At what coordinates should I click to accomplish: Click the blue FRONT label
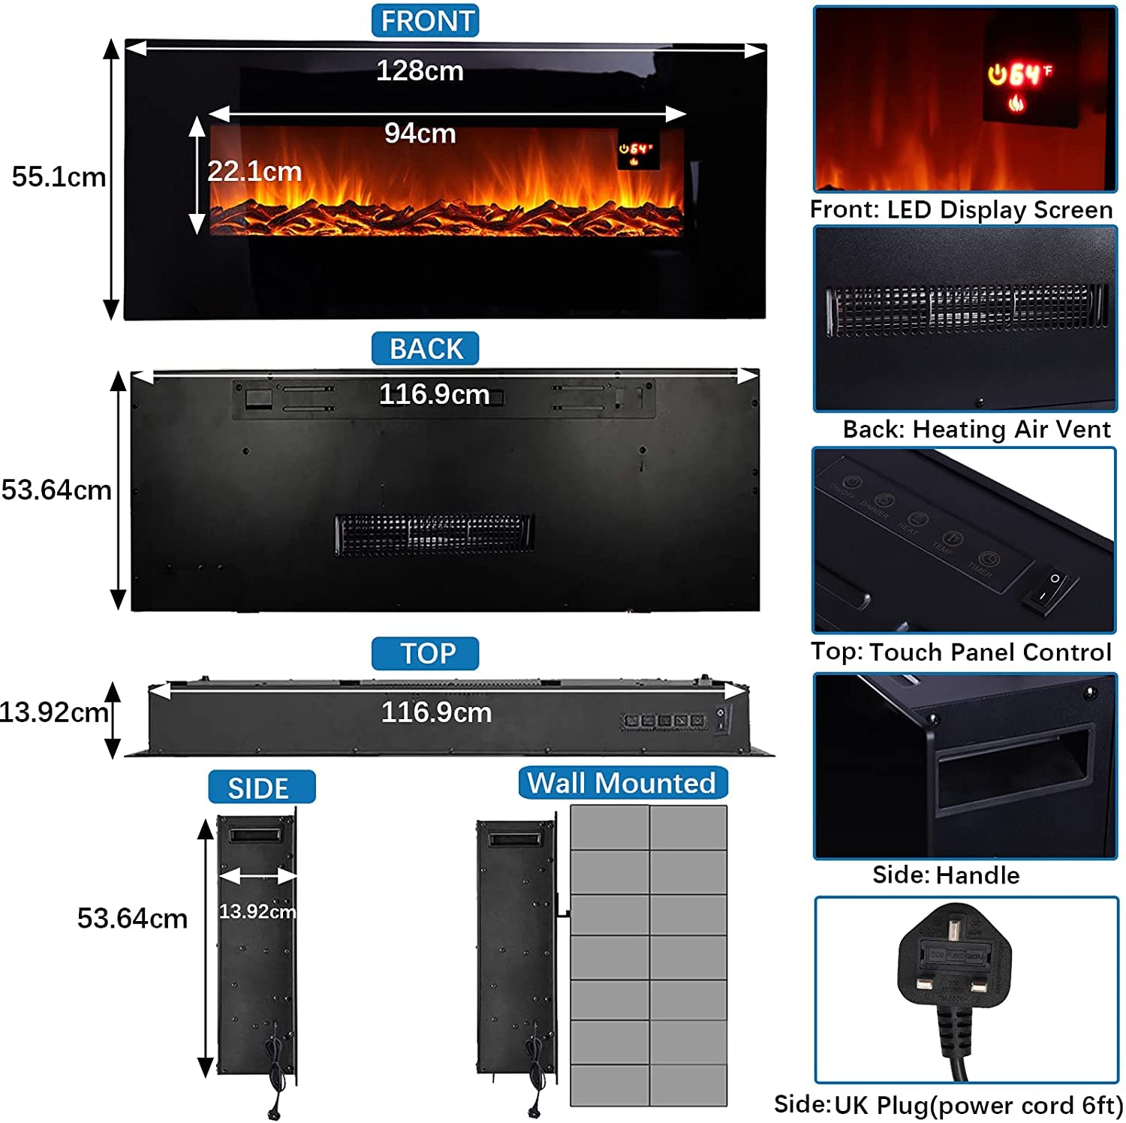(426, 21)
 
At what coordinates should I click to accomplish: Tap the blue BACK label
(426, 349)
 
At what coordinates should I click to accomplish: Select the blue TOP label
(426, 654)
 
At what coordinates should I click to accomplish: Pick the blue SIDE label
(260, 787)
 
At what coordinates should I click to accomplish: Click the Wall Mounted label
(622, 783)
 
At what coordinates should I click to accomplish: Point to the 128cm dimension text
(420, 71)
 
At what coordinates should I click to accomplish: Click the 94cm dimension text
(420, 134)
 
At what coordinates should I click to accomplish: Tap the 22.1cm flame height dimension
(254, 172)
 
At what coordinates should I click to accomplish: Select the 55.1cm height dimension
(59, 177)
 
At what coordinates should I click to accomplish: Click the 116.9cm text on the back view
(434, 394)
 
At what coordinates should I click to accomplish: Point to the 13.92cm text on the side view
(257, 911)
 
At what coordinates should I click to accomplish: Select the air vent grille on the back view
(434, 534)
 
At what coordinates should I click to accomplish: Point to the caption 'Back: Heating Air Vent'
(976, 429)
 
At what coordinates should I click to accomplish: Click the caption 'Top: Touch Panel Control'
(961, 652)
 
